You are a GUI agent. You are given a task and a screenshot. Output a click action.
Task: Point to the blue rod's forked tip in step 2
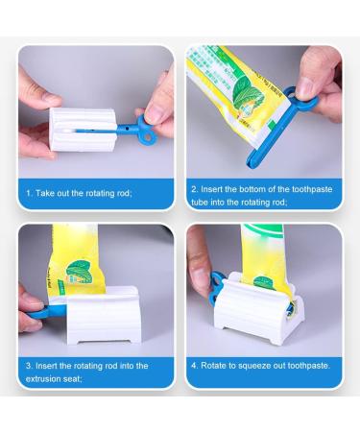[252, 160]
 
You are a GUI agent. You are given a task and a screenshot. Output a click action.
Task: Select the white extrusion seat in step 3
[103, 316]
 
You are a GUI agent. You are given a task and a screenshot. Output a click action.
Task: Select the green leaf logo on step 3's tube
[79, 272]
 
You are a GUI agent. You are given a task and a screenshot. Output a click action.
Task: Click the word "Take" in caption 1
[45, 193]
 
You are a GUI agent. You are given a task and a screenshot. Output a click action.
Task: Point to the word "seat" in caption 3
[72, 379]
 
